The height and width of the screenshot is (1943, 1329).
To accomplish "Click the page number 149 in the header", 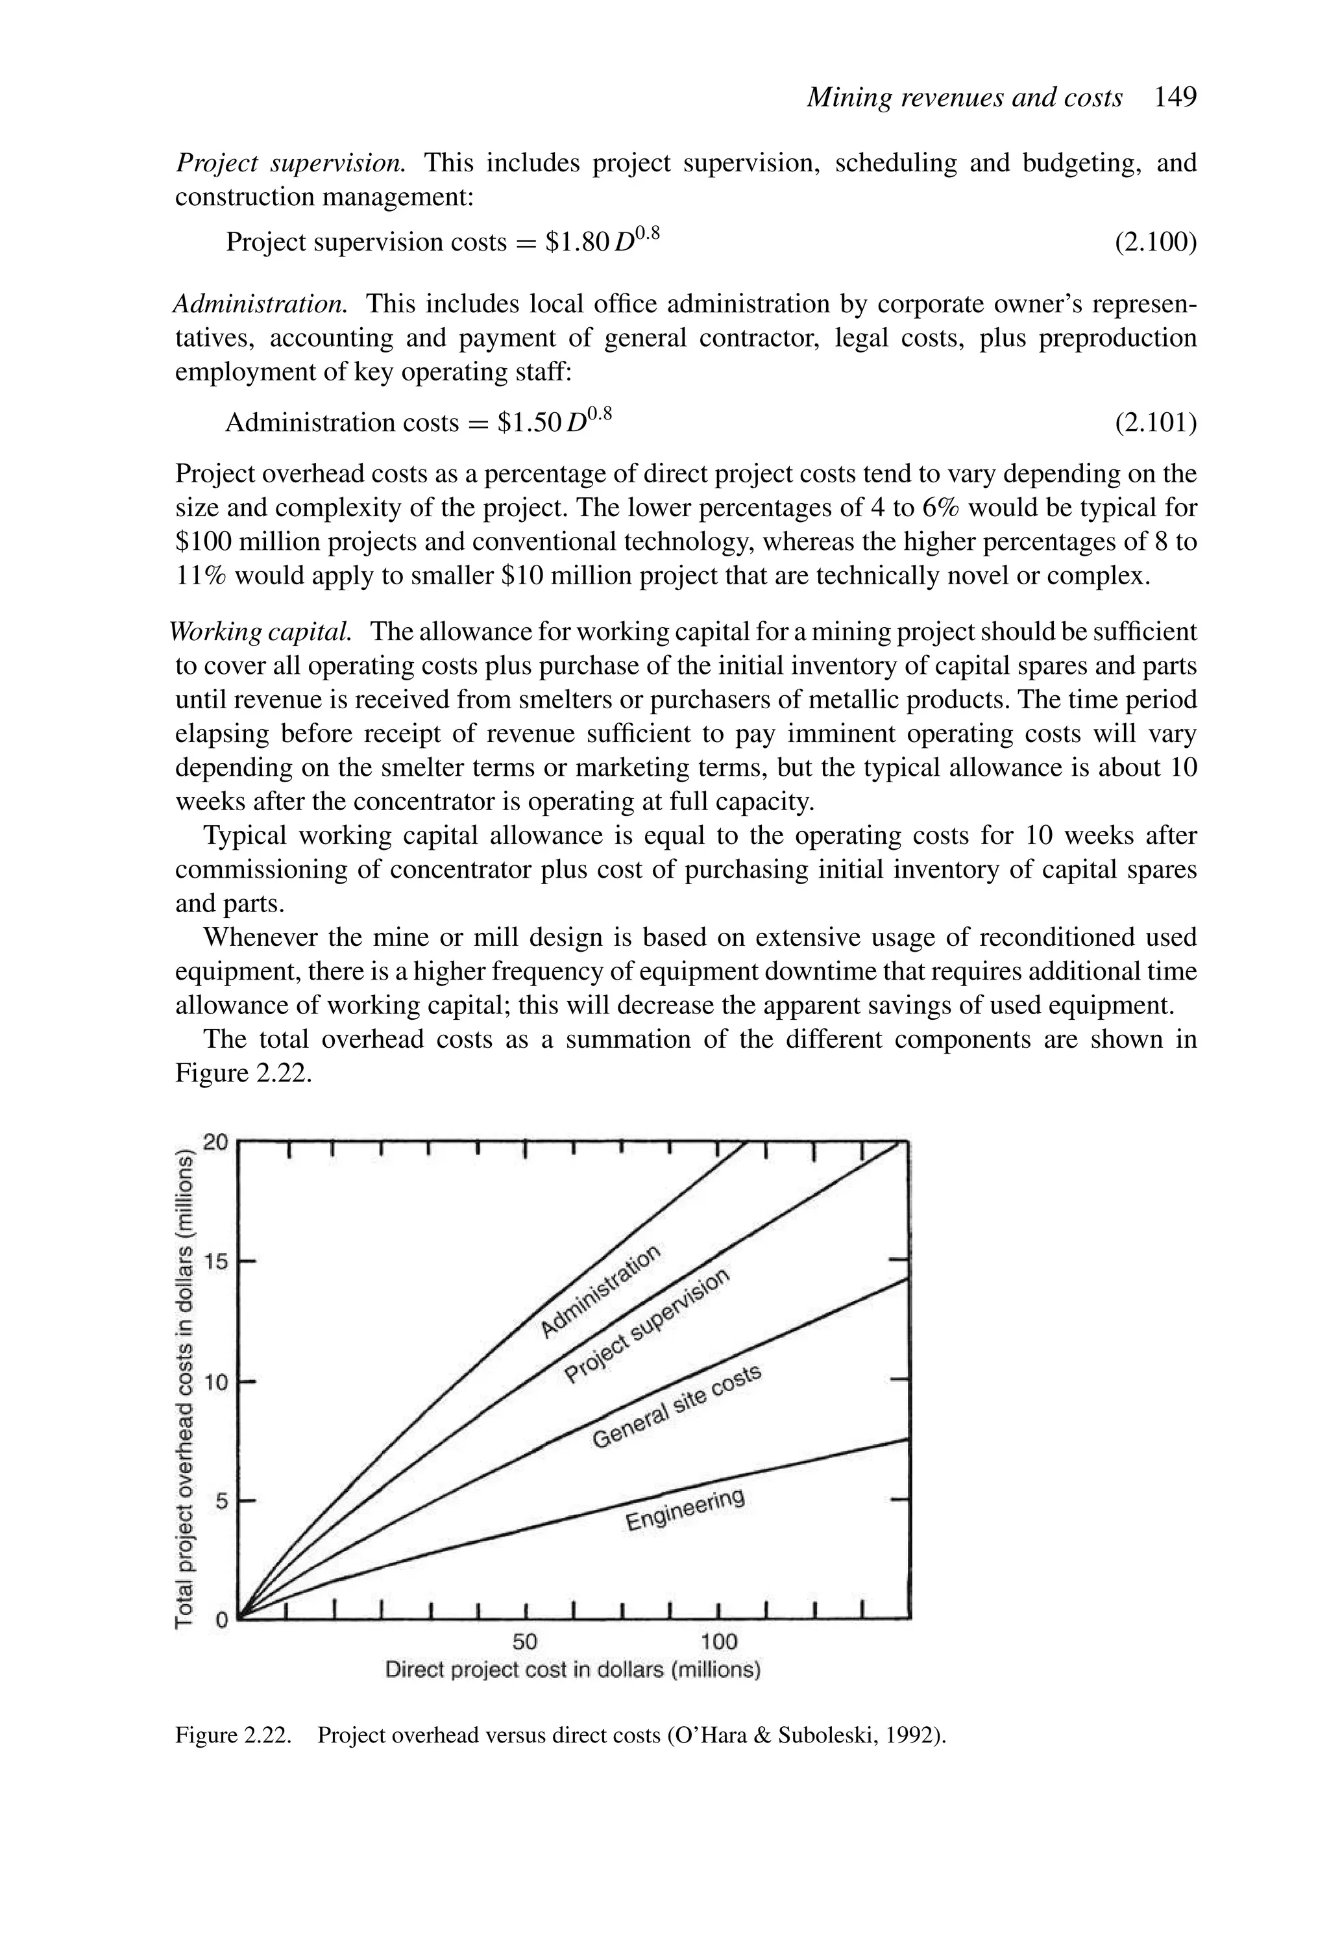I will tap(1175, 98).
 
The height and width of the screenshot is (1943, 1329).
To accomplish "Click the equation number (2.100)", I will tap(1155, 242).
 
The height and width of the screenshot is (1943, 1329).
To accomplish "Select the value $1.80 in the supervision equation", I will tap(576, 242).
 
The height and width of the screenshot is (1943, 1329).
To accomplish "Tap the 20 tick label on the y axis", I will tap(215, 1142).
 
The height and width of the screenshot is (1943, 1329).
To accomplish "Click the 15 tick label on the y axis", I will tap(215, 1261).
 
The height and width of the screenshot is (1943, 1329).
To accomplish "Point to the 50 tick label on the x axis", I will tap(525, 1641).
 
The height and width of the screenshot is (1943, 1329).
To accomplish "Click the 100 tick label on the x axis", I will tap(719, 1641).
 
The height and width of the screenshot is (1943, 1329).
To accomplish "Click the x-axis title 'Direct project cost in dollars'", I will tap(572, 1670).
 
